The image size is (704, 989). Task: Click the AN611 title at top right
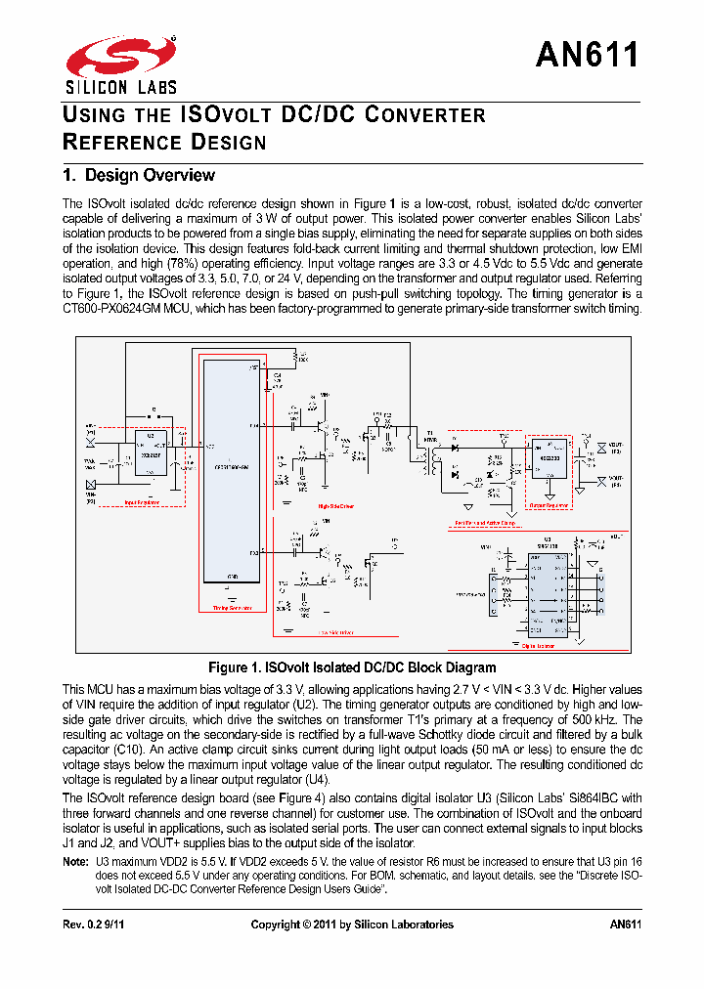click(588, 55)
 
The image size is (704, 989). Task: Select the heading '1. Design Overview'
click(138, 176)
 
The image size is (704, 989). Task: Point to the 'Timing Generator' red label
click(232, 607)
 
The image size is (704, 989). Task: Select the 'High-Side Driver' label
click(334, 506)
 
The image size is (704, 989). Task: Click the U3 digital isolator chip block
click(545, 595)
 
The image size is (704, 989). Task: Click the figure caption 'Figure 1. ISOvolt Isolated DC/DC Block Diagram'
click(352, 667)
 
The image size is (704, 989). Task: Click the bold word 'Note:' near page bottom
click(75, 862)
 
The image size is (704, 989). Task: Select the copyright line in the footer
click(352, 924)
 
